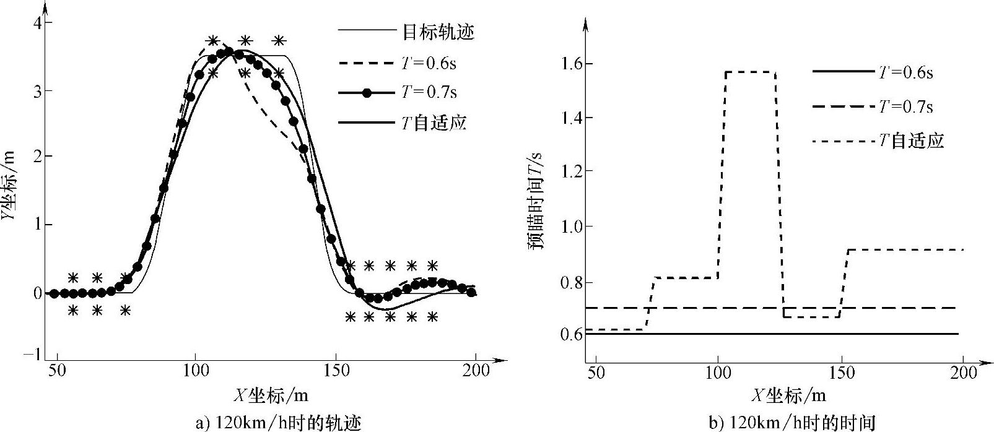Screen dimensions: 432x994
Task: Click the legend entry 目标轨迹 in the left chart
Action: click(438, 31)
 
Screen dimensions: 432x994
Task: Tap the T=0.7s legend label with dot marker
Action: click(429, 92)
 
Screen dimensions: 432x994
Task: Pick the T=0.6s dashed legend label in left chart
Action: click(429, 63)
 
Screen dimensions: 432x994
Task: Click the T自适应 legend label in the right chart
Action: click(911, 141)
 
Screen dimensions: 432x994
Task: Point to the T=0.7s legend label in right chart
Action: click(905, 106)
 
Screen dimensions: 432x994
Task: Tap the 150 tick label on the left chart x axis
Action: click(335, 371)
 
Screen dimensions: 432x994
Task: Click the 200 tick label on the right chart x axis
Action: click(963, 373)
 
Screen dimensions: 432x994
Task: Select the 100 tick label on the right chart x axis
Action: click(717, 373)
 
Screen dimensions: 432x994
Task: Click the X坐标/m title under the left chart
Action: click(271, 395)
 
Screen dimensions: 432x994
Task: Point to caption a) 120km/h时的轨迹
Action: click(278, 423)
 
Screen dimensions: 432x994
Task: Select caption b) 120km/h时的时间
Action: click(791, 423)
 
